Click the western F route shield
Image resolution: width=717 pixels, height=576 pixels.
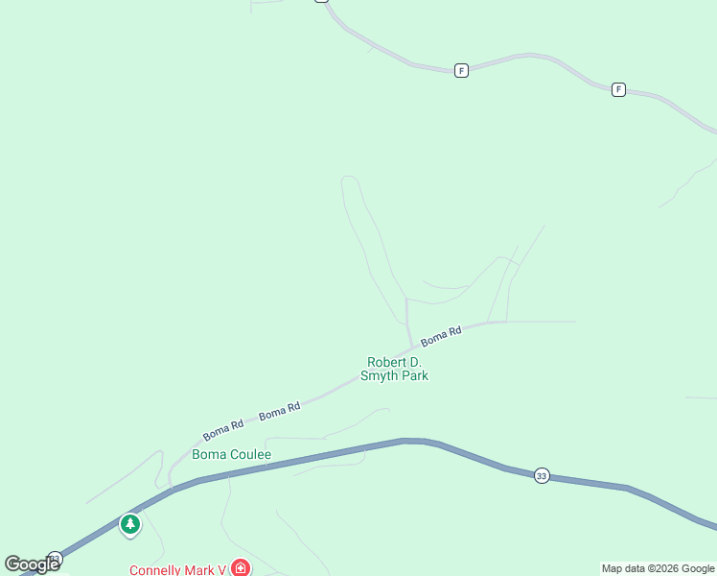tap(461, 70)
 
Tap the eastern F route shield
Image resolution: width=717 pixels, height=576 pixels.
tap(618, 89)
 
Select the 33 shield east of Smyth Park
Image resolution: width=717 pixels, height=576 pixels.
tap(542, 476)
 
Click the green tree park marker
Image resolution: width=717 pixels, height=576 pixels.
tap(130, 524)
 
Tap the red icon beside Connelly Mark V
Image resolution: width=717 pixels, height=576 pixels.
tap(241, 568)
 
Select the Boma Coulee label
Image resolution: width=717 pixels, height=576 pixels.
tap(232, 454)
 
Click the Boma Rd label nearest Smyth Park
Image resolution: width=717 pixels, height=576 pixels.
tap(441, 336)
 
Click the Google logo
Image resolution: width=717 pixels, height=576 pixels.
tap(32, 564)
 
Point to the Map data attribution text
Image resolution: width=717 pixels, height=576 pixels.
tap(658, 568)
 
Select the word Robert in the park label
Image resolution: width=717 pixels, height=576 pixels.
tap(385, 362)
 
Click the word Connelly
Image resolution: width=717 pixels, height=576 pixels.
tap(157, 569)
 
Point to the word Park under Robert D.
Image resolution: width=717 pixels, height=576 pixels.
tap(414, 376)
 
